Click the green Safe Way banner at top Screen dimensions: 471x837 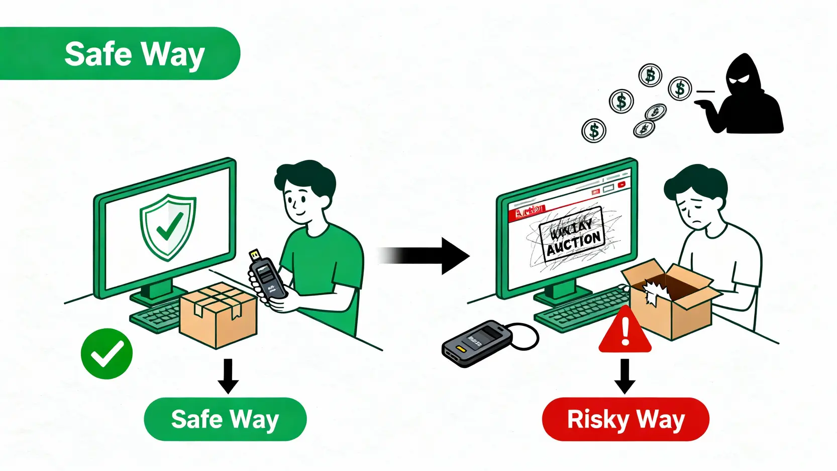click(x=121, y=53)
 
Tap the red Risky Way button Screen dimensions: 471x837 click(x=625, y=419)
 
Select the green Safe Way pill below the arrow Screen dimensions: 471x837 click(x=225, y=419)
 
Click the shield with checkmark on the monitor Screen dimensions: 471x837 click(x=168, y=227)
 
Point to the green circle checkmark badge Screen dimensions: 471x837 click(x=107, y=353)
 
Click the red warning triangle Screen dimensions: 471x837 click(x=625, y=332)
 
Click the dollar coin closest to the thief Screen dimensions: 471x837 click(x=680, y=88)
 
